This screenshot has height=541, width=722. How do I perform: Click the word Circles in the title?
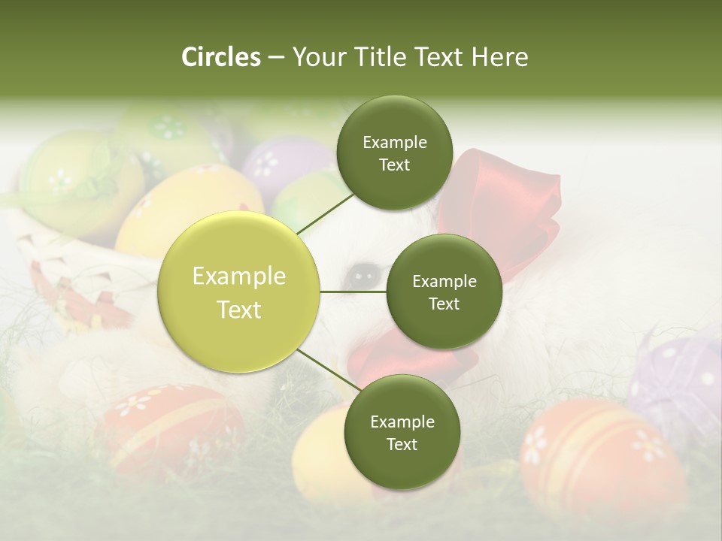click(220, 57)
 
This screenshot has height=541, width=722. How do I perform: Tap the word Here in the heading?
click(500, 57)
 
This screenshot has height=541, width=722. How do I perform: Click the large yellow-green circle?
click(238, 292)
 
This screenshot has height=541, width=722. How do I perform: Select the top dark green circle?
click(394, 153)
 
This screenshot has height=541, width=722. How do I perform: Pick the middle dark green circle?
click(444, 292)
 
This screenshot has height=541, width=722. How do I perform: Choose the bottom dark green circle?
click(402, 432)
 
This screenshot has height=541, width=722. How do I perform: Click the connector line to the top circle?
click(325, 213)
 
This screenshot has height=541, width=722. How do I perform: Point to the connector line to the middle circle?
click(353, 292)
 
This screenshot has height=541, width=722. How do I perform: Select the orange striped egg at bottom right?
click(594, 458)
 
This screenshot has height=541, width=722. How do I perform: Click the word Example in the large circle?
click(238, 277)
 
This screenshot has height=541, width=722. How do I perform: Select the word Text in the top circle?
click(394, 165)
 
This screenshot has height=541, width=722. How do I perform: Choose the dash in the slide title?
click(276, 58)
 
